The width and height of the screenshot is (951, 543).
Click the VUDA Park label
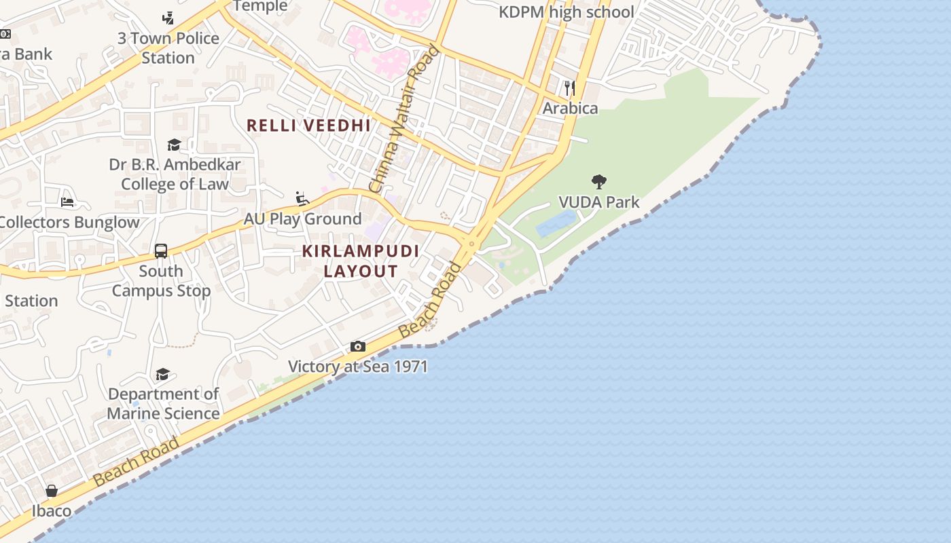click(598, 202)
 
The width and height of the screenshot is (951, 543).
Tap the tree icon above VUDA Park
click(598, 181)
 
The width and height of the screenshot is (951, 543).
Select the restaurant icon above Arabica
click(570, 88)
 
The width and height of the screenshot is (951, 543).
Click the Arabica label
click(570, 108)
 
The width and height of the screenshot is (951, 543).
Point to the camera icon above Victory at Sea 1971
click(358, 347)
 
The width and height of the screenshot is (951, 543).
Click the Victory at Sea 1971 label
click(358, 367)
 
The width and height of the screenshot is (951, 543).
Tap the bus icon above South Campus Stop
click(161, 251)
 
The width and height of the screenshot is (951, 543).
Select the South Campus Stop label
click(161, 280)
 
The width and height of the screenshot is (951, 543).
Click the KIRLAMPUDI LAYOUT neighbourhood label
click(361, 261)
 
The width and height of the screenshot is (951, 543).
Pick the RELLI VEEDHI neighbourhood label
click(308, 126)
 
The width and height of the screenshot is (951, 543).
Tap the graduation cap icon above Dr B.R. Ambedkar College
click(175, 145)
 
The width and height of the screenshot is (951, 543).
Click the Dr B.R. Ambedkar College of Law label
click(175, 174)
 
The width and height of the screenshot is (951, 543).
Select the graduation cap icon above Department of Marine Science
click(162, 374)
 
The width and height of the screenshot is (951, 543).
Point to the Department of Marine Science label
click(163, 403)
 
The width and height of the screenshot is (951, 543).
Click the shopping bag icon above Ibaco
click(52, 490)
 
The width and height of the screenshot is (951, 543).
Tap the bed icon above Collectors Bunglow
click(67, 202)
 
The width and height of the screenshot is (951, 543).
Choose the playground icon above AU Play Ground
click(302, 199)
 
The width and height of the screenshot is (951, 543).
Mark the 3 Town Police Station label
click(168, 48)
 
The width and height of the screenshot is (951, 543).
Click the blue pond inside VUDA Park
click(556, 223)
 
